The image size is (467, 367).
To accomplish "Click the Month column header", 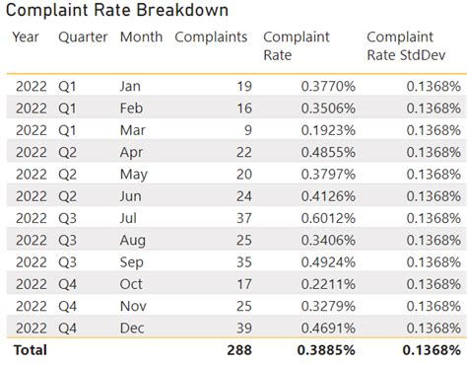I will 142,37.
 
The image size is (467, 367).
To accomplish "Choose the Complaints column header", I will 209,37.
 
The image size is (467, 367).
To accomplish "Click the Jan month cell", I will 130,86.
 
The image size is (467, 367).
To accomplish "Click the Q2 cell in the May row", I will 69,175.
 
